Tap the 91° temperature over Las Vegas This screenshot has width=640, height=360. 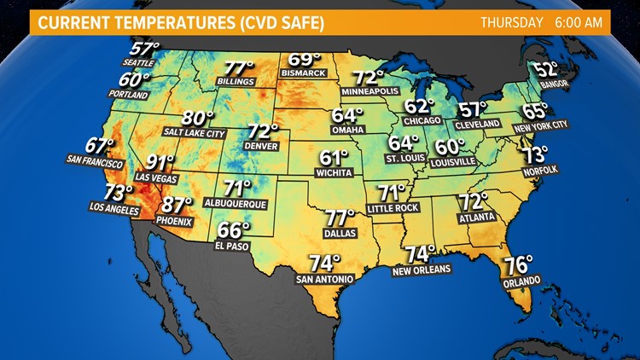click(x=160, y=163)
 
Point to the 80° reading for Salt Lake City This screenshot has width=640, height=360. click(x=198, y=119)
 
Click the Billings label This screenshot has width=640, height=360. click(x=236, y=82)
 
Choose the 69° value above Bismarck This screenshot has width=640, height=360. click(x=305, y=60)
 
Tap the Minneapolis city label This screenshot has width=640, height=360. click(x=370, y=90)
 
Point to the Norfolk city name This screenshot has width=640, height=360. click(x=539, y=170)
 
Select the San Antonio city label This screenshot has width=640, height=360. click(x=324, y=279)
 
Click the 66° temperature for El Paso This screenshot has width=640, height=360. click(x=233, y=230)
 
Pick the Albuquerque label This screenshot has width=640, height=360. click(x=236, y=204)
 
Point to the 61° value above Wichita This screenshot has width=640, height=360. click(x=335, y=159)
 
